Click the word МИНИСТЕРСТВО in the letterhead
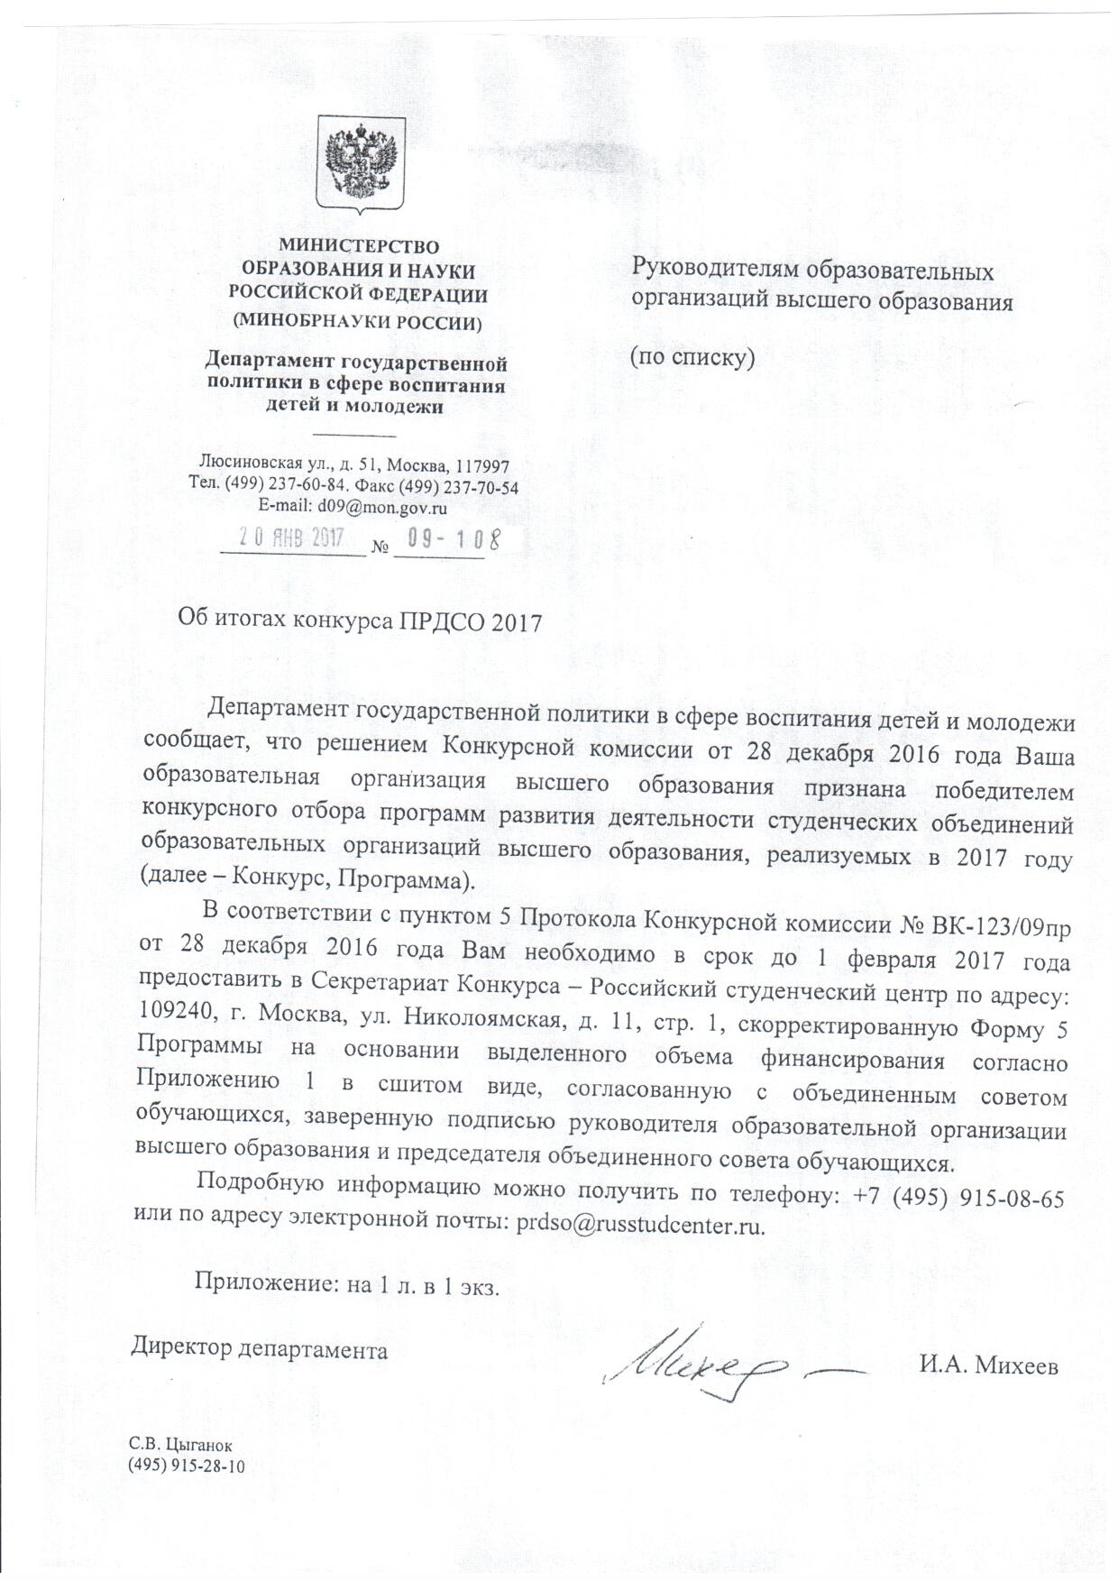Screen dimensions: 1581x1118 tap(358, 245)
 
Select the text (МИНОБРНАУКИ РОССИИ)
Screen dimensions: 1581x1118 tap(357, 320)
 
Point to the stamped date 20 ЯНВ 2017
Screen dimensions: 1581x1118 tap(291, 538)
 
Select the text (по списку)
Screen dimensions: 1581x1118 tap(691, 356)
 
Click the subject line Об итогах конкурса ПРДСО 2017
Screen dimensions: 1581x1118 tap(360, 621)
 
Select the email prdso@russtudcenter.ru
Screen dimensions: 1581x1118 tap(640, 1225)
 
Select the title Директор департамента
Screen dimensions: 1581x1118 tap(261, 1350)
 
